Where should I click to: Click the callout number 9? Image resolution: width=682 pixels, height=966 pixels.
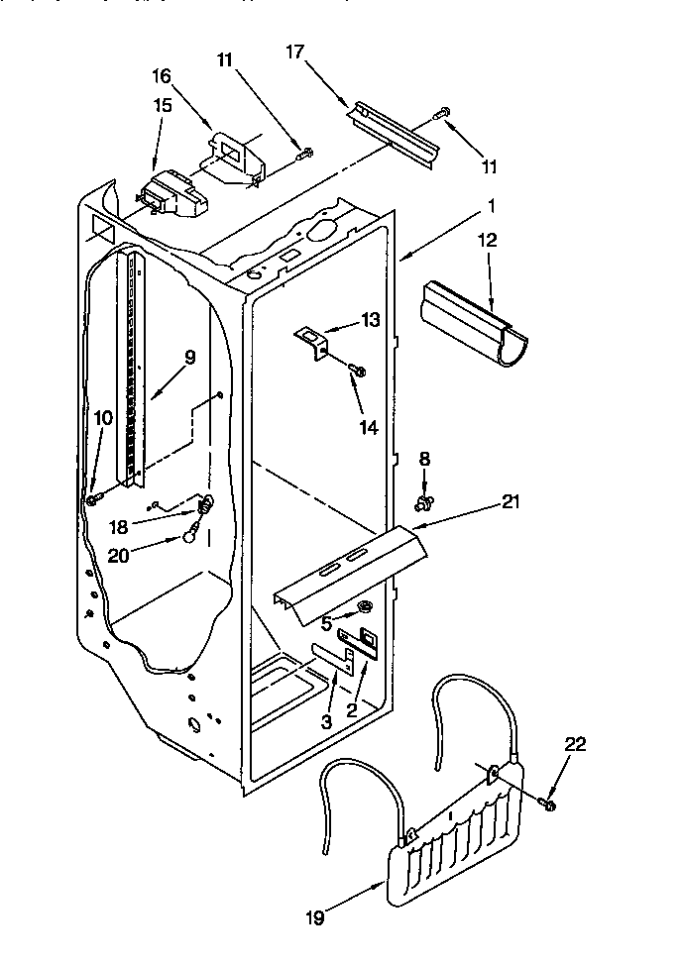(189, 357)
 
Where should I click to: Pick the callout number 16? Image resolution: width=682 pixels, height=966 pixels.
(162, 75)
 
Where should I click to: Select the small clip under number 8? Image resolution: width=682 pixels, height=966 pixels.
(426, 504)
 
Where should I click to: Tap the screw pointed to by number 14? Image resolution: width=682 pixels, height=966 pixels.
(359, 371)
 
